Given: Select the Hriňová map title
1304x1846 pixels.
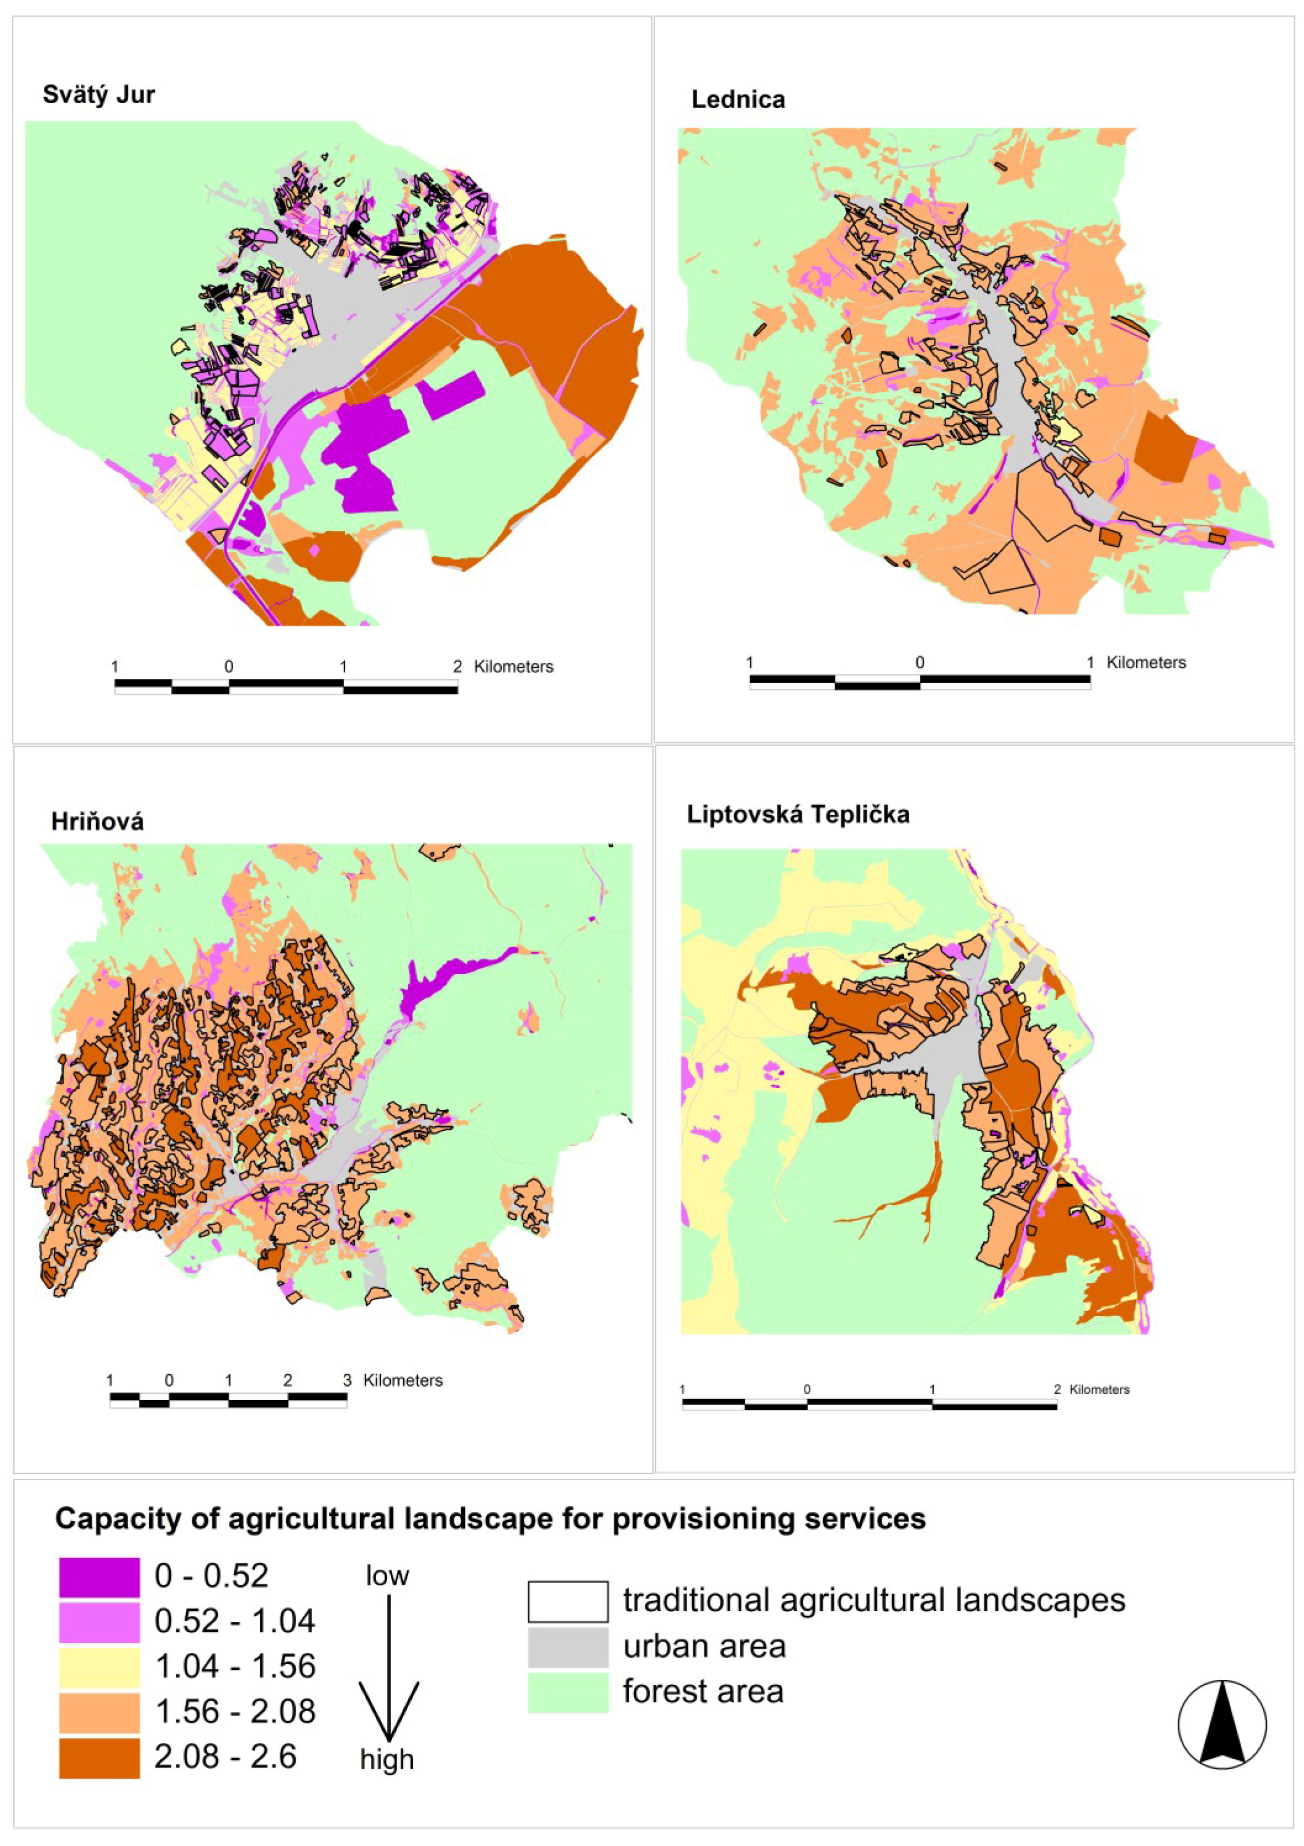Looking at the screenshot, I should pyautogui.click(x=97, y=822).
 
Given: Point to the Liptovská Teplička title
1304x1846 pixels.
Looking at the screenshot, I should pyautogui.click(x=798, y=814).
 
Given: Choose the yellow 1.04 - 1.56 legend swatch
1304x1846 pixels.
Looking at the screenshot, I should pyautogui.click(x=99, y=1666).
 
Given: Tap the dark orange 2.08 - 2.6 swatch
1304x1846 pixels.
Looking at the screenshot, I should pyautogui.click(x=99, y=1757).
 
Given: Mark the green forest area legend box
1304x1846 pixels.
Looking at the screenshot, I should pyautogui.click(x=568, y=1692).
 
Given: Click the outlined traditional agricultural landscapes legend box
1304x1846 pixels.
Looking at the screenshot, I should pyautogui.click(x=568, y=1602).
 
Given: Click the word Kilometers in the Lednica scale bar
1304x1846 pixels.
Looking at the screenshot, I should pyautogui.click(x=1146, y=663).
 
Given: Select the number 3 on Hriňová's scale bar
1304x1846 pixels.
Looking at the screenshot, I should pyautogui.click(x=347, y=1381).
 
